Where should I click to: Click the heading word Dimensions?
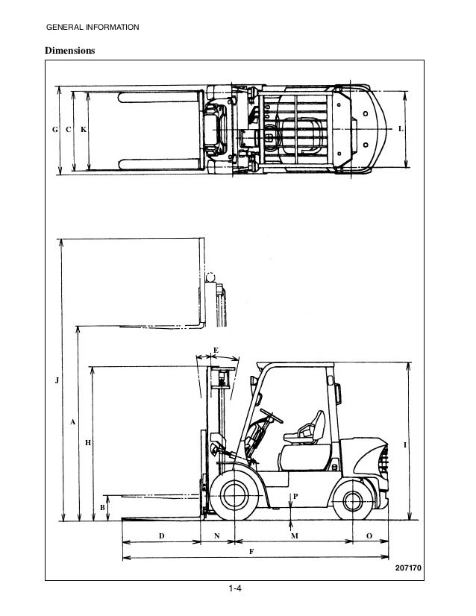pos(72,51)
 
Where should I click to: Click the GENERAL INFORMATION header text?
pos(92,28)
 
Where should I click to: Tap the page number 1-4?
pos(237,591)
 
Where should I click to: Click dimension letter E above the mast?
pos(216,350)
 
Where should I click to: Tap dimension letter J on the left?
pos(54,381)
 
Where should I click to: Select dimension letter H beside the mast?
pos(87,442)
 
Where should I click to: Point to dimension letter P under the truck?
pos(295,495)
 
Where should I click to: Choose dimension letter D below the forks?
pos(160,536)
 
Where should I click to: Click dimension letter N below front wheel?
pos(216,536)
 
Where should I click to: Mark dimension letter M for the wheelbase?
pos(294,536)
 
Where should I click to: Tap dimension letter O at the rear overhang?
pos(369,536)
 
